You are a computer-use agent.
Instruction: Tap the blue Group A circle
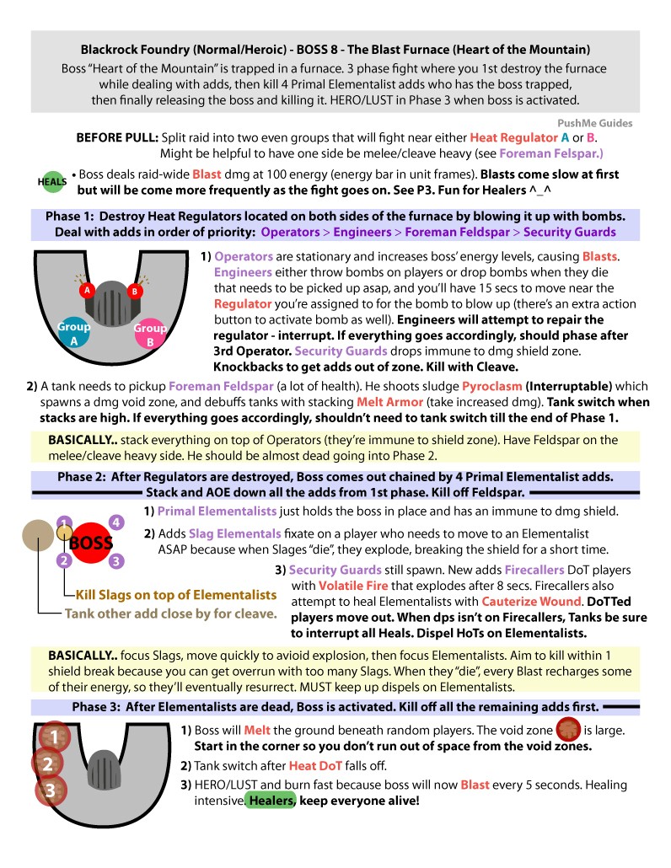point(73,333)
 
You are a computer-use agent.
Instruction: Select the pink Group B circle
point(149,334)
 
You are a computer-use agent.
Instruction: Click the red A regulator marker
point(85,290)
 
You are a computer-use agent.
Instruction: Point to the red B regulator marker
point(132,291)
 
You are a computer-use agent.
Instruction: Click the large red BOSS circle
point(90,543)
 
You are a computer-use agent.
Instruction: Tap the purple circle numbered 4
point(116,522)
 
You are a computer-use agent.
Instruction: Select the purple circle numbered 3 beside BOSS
point(116,560)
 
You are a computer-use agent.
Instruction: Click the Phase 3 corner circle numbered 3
point(51,791)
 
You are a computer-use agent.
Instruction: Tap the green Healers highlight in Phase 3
point(271,800)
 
